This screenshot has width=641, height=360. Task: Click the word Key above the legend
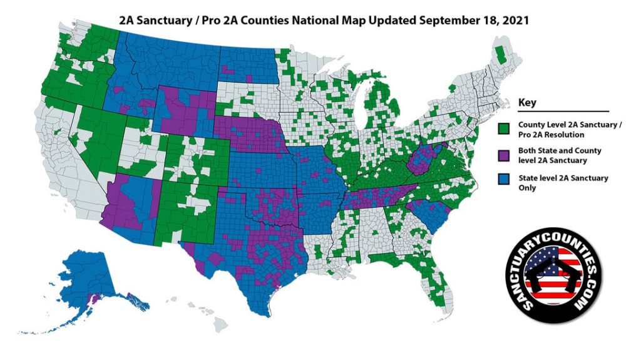528,102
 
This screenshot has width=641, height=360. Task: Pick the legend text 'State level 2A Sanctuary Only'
563,183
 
